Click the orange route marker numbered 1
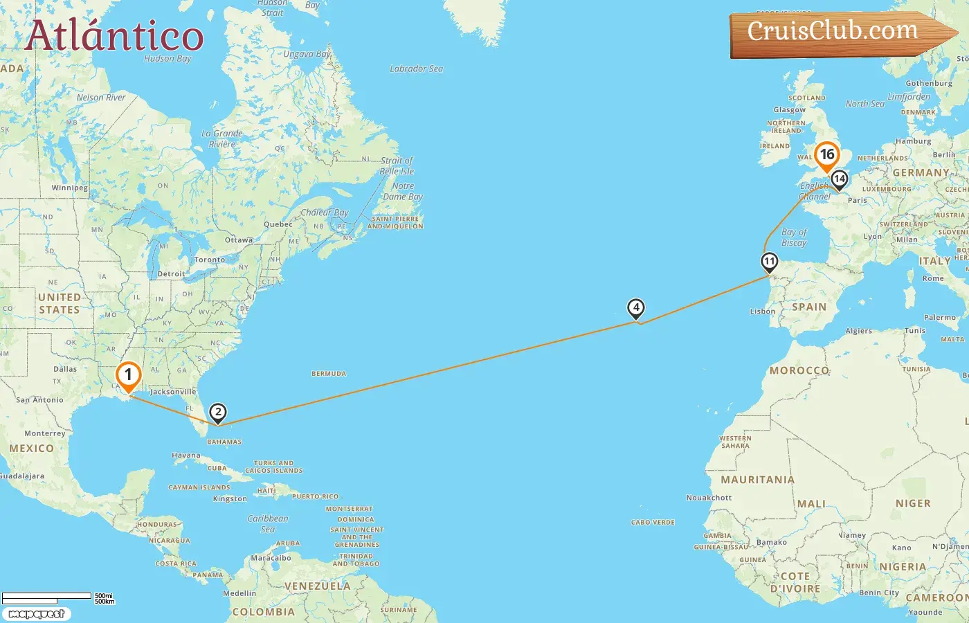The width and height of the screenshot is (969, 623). click(128, 376)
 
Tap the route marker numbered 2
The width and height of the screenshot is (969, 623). click(218, 413)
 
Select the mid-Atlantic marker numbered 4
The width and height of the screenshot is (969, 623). click(635, 308)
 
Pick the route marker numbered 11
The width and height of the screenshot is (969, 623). click(769, 262)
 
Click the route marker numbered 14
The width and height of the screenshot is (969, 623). click(839, 179)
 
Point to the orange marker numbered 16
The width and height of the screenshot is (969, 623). click(827, 155)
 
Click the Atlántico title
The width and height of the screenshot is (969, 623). click(114, 36)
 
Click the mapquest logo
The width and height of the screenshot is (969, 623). click(36, 614)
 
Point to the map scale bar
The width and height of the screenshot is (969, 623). click(47, 597)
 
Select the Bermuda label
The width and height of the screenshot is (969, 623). click(329, 374)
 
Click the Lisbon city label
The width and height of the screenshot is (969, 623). click(763, 311)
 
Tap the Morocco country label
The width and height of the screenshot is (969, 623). click(799, 370)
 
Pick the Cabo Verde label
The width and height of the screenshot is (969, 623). click(653, 523)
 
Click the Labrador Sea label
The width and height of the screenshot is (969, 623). click(416, 69)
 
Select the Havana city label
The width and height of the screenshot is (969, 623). click(185, 455)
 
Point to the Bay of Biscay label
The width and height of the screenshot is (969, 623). click(794, 237)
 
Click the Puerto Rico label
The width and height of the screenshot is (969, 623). click(315, 496)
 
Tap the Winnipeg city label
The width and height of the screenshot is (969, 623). click(69, 188)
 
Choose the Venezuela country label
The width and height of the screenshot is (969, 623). click(318, 586)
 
